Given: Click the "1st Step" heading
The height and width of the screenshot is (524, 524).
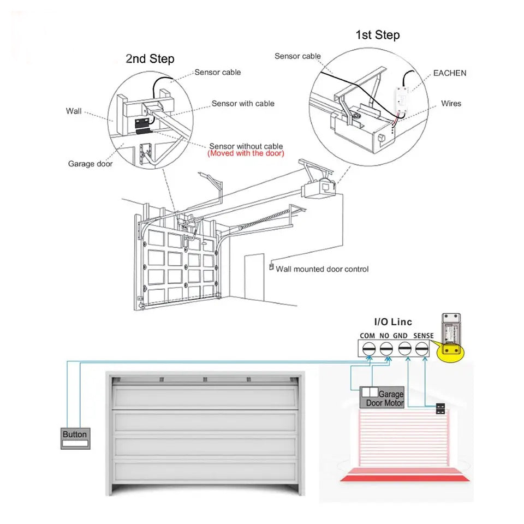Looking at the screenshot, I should [377, 35].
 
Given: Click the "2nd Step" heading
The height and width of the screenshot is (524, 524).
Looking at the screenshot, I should [150, 59].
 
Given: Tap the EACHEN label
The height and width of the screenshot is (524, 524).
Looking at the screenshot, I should [450, 73].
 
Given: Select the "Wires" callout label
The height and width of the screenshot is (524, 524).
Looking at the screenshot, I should [451, 103].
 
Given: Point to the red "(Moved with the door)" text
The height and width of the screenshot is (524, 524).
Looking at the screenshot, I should [246, 154].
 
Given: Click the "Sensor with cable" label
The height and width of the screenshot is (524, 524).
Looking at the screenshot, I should [243, 103].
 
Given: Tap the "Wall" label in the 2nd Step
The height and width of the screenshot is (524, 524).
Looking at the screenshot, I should [74, 111].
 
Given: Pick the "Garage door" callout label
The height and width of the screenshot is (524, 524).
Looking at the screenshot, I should [90, 164].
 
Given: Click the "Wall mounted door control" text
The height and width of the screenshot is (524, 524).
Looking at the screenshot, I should [322, 269].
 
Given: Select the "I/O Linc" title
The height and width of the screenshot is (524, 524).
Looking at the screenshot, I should [393, 322].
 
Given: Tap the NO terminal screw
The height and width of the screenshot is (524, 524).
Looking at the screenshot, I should [386, 348].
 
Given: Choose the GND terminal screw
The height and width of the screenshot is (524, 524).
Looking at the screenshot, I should [404, 348].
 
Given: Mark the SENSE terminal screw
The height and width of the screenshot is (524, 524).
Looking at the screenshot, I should [422, 348].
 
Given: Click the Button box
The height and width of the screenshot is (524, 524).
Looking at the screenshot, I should [75, 438].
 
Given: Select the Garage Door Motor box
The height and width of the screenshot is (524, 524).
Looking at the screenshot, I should [383, 398].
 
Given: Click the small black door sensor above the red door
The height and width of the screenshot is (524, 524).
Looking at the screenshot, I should [440, 409].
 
